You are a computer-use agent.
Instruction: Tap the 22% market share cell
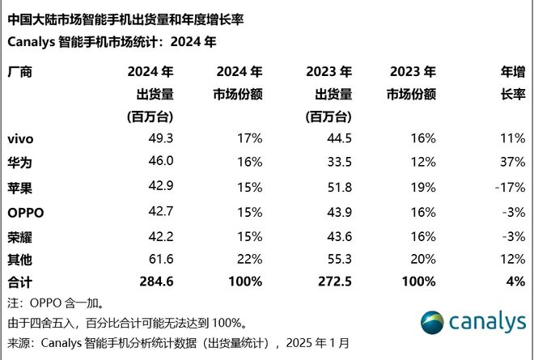tap(249, 259)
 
